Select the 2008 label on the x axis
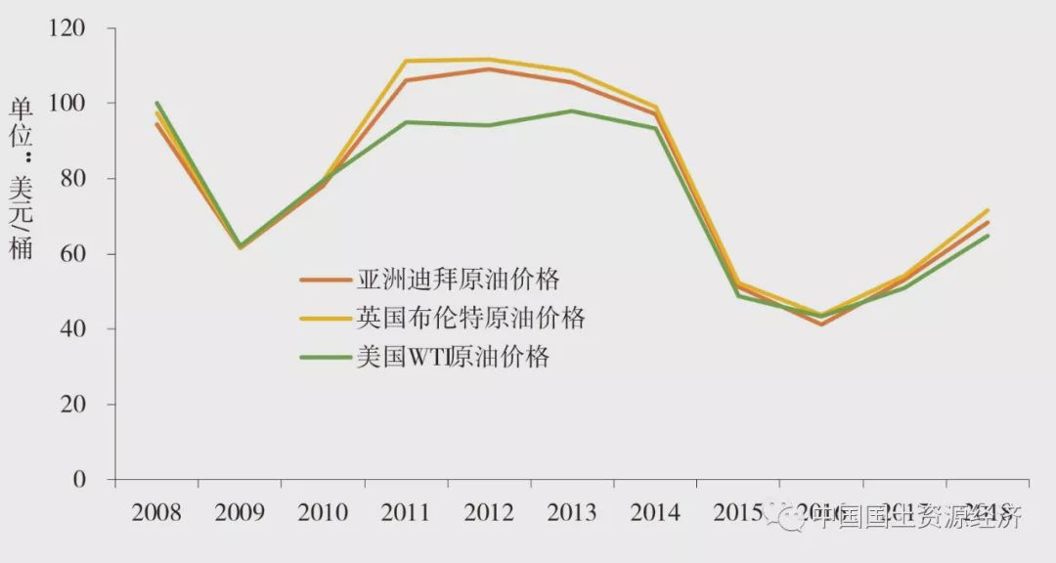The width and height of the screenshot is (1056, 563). [155, 513]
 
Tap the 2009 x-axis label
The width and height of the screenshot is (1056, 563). [239, 513]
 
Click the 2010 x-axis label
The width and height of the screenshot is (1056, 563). [323, 513]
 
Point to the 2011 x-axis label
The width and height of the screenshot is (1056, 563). [406, 513]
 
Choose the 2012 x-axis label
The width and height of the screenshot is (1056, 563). [489, 513]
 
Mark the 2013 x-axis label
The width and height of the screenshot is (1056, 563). [572, 513]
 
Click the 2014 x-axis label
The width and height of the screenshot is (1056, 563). [655, 513]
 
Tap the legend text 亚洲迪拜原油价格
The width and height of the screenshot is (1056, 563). [459, 280]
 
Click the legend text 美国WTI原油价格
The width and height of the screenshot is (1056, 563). [453, 357]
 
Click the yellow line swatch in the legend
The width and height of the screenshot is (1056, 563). [325, 319]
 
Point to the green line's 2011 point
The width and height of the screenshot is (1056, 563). [406, 122]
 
